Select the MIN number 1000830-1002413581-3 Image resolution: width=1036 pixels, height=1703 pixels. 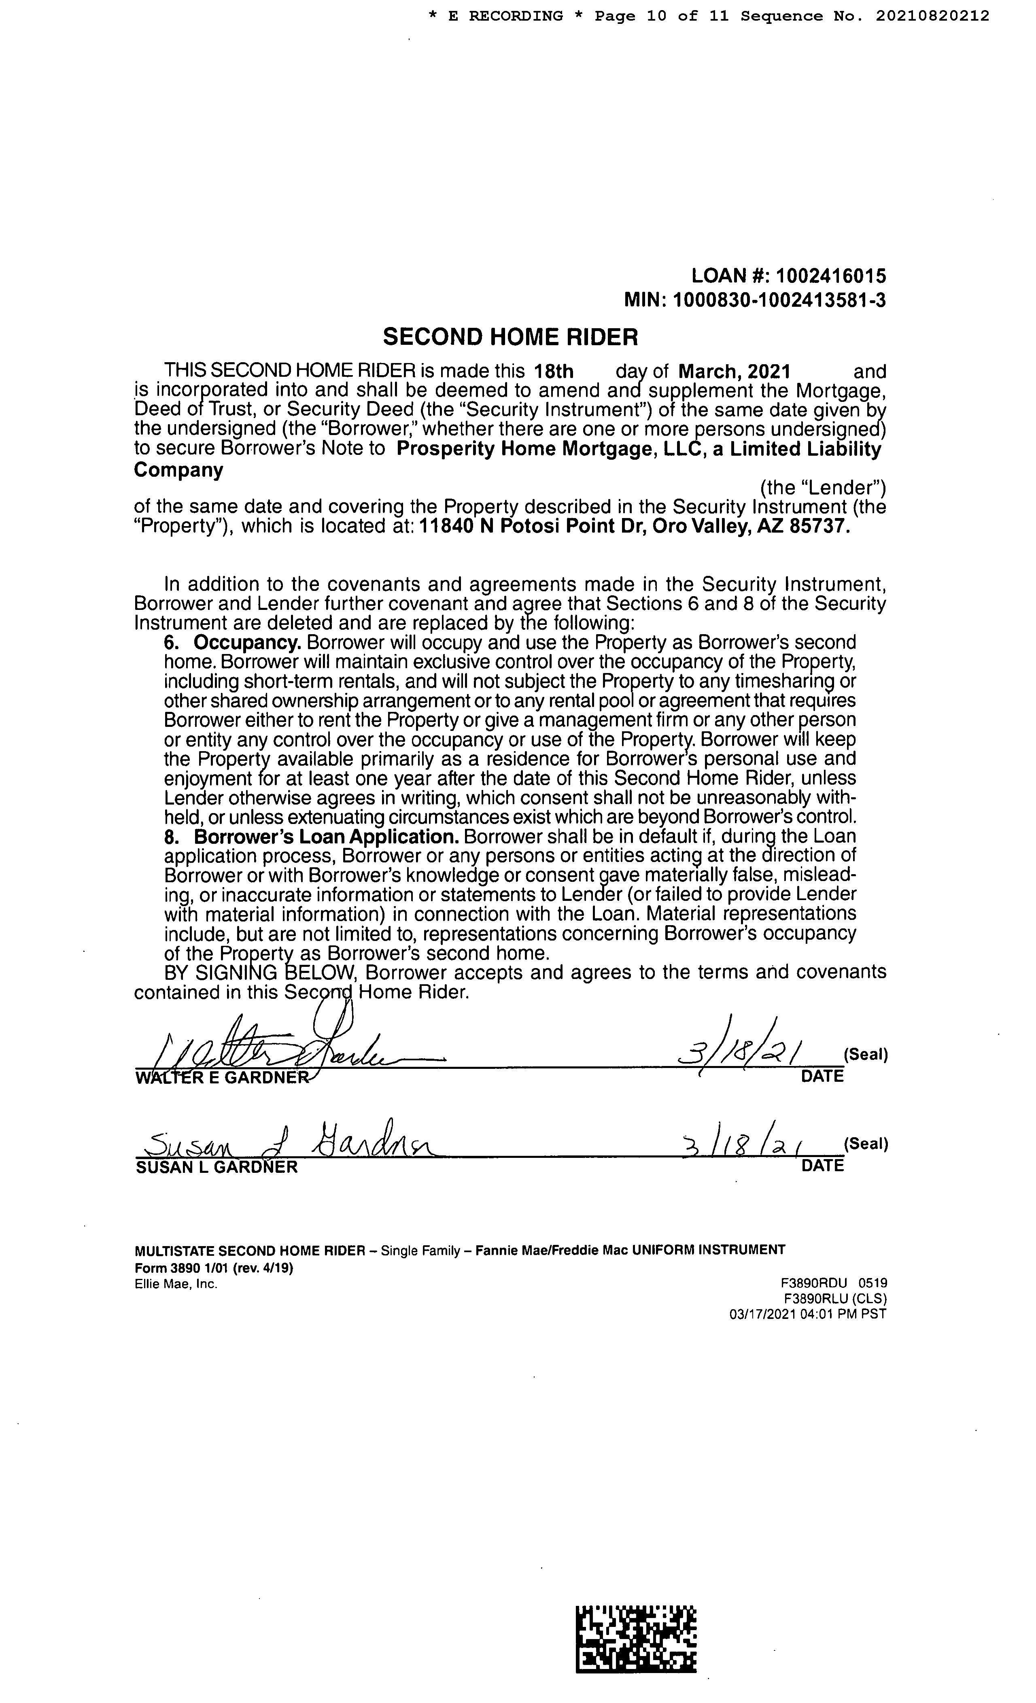click(779, 301)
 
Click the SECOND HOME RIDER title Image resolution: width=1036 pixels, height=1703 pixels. click(510, 337)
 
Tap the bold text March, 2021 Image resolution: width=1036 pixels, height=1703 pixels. click(735, 372)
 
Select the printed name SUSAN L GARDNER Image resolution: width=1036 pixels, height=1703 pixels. click(217, 1167)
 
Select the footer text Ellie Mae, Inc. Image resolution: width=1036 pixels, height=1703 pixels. click(176, 1284)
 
